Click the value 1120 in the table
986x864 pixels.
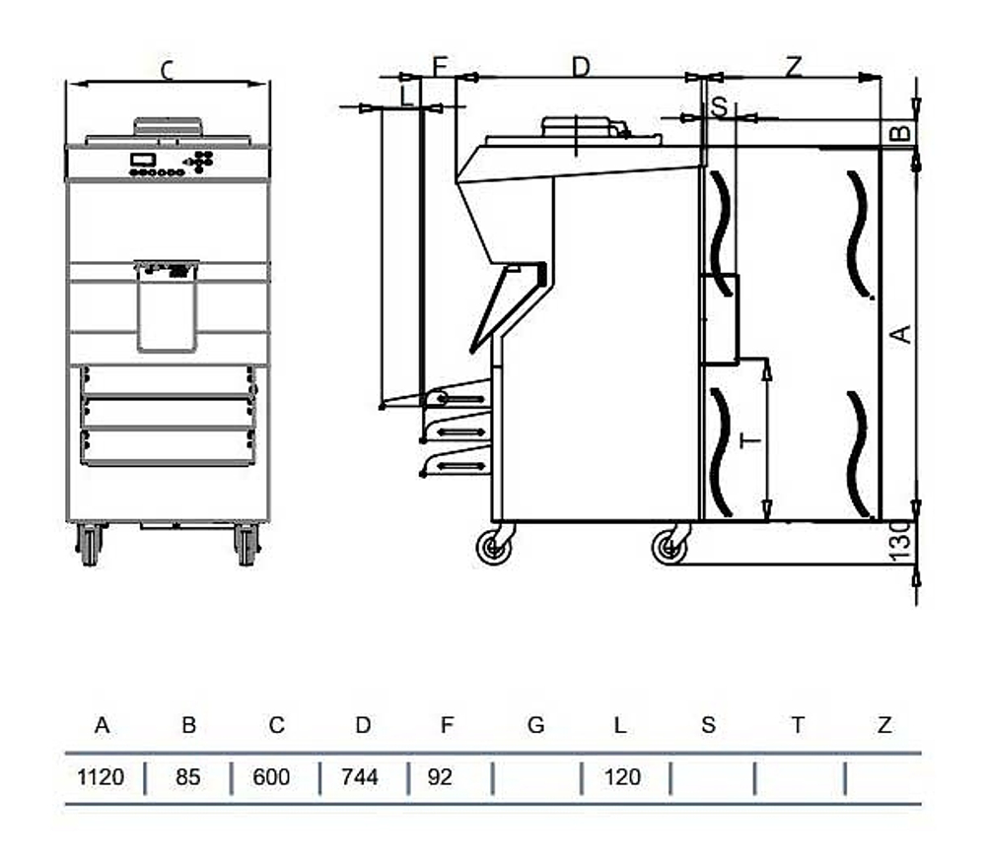click(x=101, y=777)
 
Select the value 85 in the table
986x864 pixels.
click(x=187, y=777)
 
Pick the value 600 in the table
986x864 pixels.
click(x=271, y=777)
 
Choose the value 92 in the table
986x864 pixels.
click(x=440, y=777)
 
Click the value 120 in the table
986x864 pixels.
click(x=621, y=777)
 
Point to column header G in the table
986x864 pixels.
click(x=535, y=726)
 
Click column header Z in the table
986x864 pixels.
click(x=883, y=726)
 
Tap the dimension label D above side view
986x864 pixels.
click(x=581, y=66)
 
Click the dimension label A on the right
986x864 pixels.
click(x=900, y=334)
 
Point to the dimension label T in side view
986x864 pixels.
click(x=750, y=439)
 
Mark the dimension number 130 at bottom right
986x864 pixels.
click(x=900, y=543)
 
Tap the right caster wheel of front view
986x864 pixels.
click(x=246, y=544)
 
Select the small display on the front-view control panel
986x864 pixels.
click(x=143, y=160)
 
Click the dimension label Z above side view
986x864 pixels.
click(x=794, y=66)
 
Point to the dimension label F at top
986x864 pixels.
click(x=440, y=66)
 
